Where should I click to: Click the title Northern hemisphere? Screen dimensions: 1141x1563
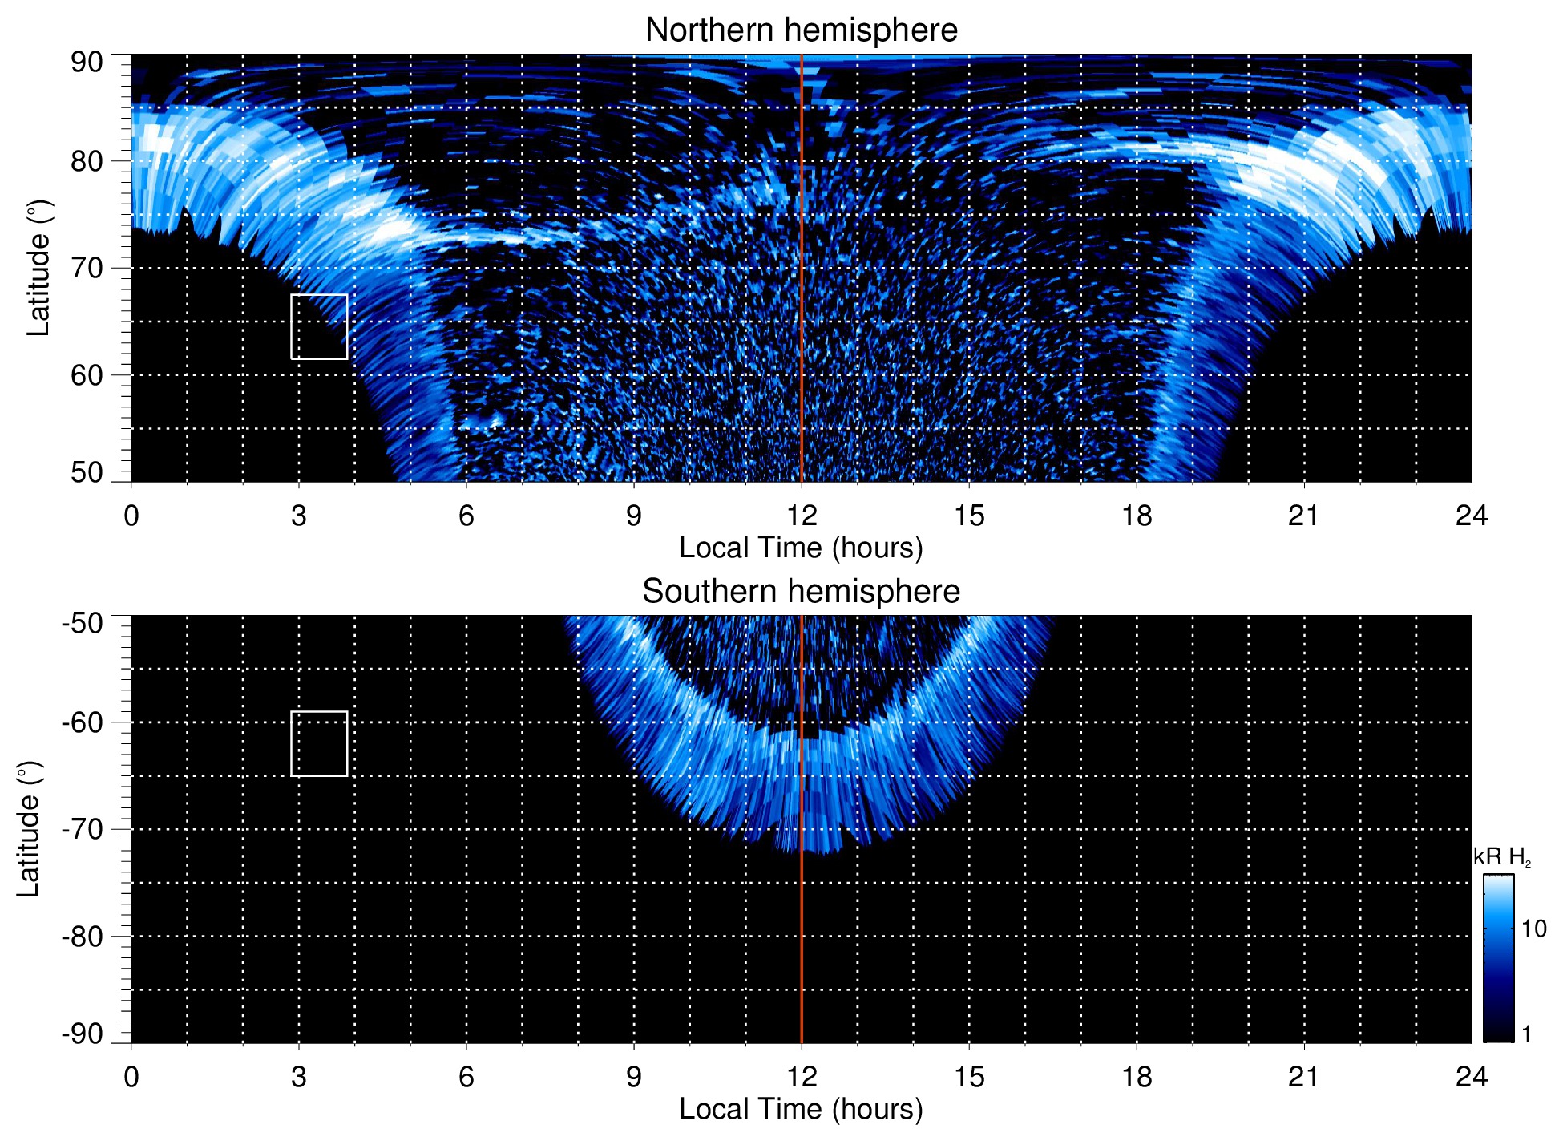point(801,30)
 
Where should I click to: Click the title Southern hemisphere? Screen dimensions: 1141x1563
point(801,592)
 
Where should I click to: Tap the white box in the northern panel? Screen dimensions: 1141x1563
point(319,327)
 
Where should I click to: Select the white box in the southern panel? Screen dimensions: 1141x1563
point(319,743)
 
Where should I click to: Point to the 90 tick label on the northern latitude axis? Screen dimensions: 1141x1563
point(87,63)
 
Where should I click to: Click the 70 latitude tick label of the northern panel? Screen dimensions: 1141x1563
point(87,268)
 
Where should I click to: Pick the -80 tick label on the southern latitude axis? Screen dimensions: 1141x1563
point(82,936)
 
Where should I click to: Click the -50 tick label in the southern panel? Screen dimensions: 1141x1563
point(82,623)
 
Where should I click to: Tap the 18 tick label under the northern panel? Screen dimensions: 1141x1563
point(1136,516)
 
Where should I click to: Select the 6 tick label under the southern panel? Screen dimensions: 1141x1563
point(466,1077)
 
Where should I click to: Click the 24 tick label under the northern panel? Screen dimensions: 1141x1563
point(1471,516)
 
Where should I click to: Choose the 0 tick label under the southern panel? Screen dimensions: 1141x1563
point(131,1077)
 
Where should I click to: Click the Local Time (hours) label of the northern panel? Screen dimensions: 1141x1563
point(801,548)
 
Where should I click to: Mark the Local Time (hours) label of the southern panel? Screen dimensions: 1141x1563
point(801,1109)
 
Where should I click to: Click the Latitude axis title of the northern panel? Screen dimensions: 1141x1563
point(38,268)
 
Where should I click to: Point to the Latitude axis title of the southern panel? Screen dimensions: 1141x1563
point(29,829)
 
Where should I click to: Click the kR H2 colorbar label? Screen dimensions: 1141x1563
point(1502,857)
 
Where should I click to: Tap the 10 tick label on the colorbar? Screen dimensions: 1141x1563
point(1533,929)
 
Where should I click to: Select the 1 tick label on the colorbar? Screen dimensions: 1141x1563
point(1526,1034)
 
